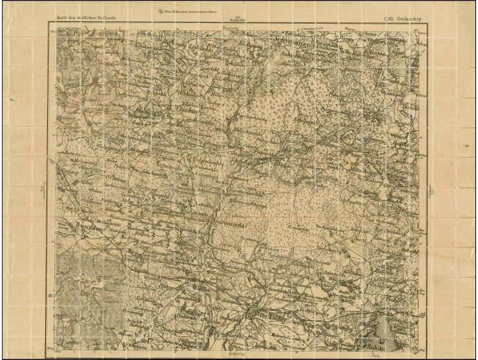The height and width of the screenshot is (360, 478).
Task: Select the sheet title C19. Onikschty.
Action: click(403, 19)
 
